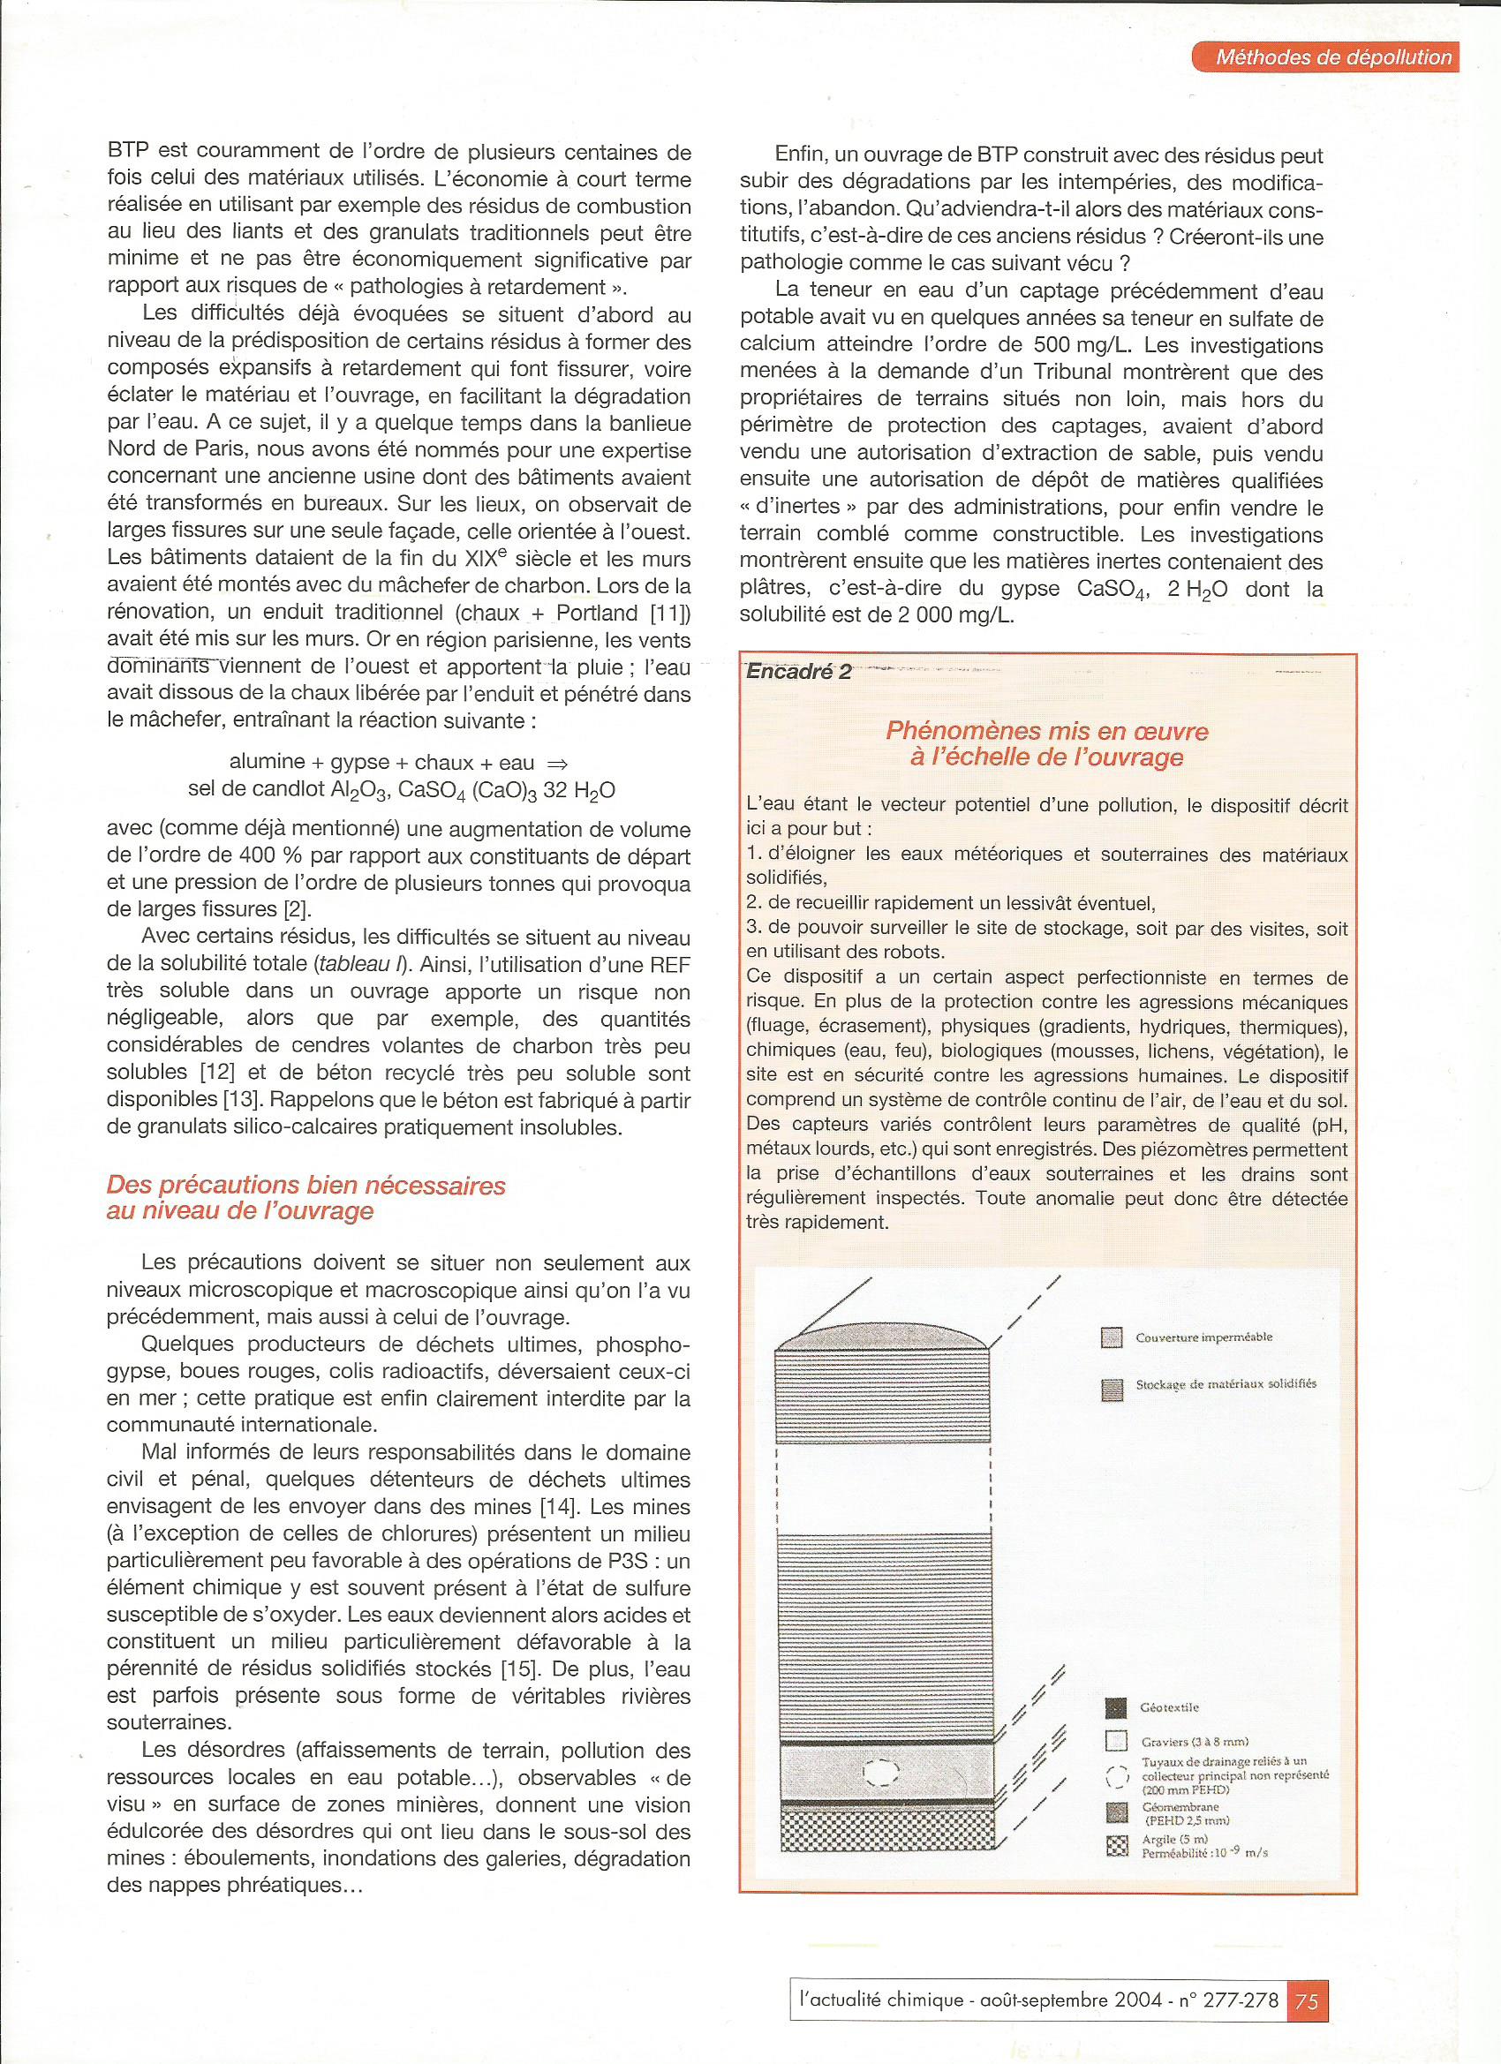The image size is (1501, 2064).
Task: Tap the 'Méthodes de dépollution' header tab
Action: (1333, 57)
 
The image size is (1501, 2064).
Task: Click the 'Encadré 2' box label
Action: (798, 673)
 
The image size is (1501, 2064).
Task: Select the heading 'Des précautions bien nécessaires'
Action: (305, 1186)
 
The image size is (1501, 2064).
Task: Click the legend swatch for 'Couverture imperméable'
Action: (1112, 1337)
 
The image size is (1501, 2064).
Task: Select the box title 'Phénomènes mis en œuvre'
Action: (1048, 731)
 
